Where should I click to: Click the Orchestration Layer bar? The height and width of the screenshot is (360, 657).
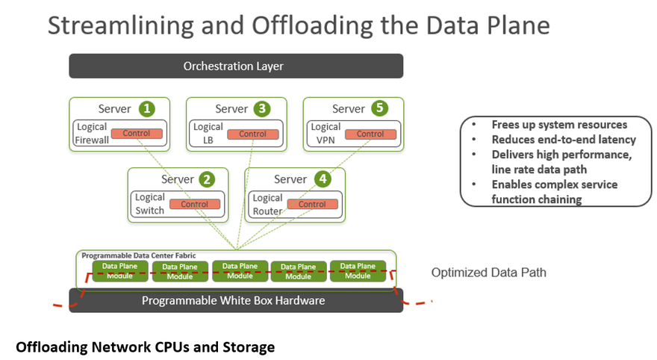[236, 66]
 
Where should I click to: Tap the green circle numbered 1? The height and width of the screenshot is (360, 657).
[146, 109]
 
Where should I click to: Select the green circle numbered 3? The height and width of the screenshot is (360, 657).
[262, 109]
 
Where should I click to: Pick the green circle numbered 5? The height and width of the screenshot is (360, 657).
[379, 108]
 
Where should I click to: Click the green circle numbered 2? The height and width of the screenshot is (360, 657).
[207, 180]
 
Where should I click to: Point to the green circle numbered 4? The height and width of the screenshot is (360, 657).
[323, 179]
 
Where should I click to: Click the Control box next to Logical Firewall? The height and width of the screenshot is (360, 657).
[137, 133]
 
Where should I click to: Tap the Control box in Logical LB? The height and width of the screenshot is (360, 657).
[252, 134]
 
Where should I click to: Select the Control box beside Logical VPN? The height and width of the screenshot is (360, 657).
[370, 134]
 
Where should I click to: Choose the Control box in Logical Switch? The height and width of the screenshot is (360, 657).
[195, 204]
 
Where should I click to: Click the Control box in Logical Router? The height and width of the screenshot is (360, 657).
[313, 204]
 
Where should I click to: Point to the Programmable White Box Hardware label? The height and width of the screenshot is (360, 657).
[234, 300]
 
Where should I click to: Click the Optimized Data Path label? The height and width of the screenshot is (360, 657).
[488, 273]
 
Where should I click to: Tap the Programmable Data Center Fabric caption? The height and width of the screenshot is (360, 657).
[138, 255]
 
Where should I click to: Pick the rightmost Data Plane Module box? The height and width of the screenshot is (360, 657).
[358, 271]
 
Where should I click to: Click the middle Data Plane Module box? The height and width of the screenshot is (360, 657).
[240, 271]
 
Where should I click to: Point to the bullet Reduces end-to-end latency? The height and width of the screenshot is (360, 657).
[564, 140]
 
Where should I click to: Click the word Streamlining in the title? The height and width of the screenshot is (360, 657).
[121, 26]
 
